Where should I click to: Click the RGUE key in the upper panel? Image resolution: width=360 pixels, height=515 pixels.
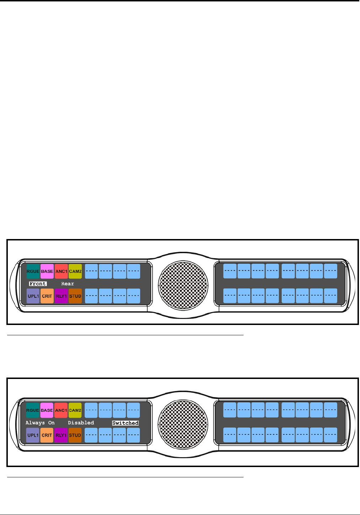[33, 271]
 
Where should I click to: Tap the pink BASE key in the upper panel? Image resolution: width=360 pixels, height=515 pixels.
[47, 271]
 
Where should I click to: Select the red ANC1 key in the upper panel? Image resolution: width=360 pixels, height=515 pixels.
[61, 271]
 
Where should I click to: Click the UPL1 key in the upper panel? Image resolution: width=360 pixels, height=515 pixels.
[33, 296]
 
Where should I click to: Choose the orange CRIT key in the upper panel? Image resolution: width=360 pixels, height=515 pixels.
[47, 296]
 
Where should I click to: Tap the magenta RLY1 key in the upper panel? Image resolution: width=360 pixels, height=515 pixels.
[61, 296]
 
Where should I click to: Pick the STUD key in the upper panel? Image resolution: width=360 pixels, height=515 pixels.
[75, 296]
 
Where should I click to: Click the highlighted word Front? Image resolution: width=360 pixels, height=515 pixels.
[38, 284]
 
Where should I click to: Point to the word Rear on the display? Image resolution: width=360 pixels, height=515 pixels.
[67, 284]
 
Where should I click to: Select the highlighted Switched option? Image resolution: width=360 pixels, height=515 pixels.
[125, 423]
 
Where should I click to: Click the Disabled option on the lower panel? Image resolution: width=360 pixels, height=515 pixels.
[81, 423]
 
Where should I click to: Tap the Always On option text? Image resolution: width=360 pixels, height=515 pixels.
[40, 423]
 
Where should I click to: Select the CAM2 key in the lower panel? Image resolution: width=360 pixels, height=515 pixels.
[75, 410]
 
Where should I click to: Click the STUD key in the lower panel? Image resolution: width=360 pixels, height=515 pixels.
[75, 435]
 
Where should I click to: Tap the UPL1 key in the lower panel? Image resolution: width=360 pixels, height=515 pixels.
[33, 435]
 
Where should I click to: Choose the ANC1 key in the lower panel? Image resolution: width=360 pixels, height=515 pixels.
[61, 410]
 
